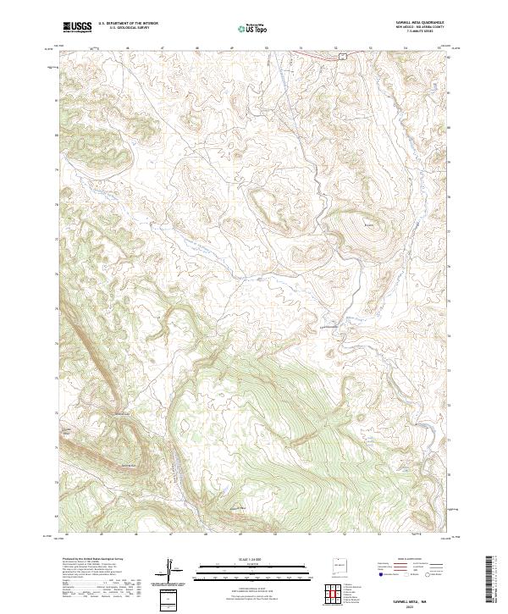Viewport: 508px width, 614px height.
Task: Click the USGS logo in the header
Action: [x=77, y=27]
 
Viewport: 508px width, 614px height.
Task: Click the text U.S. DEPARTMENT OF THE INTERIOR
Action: [x=128, y=25]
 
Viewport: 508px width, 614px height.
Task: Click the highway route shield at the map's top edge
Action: [x=343, y=55]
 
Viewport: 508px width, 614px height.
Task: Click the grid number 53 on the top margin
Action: [x=370, y=47]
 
